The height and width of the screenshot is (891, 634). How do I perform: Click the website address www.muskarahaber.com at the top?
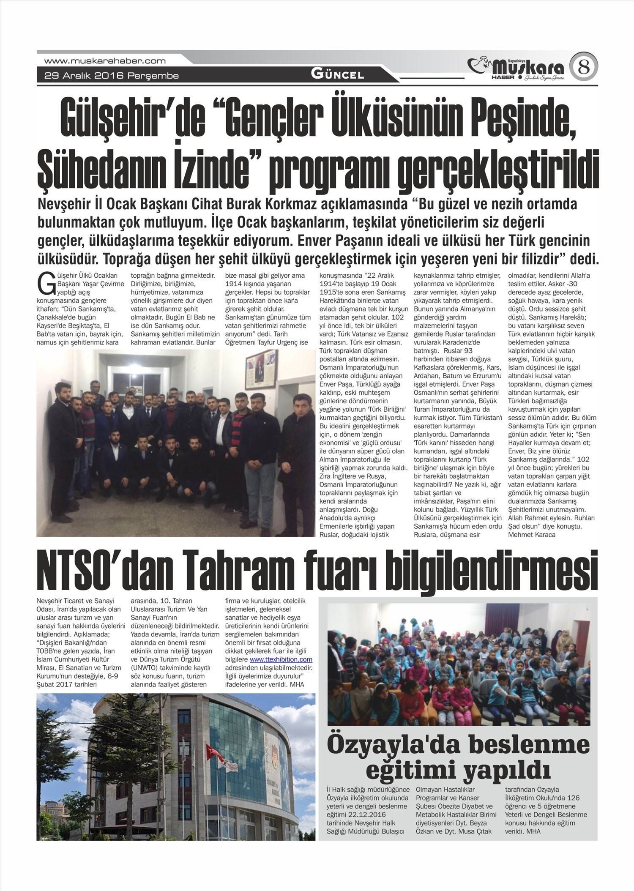tap(104, 61)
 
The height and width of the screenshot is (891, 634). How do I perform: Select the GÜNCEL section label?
tap(337, 75)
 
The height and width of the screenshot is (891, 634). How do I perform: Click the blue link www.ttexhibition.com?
tap(281, 659)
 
